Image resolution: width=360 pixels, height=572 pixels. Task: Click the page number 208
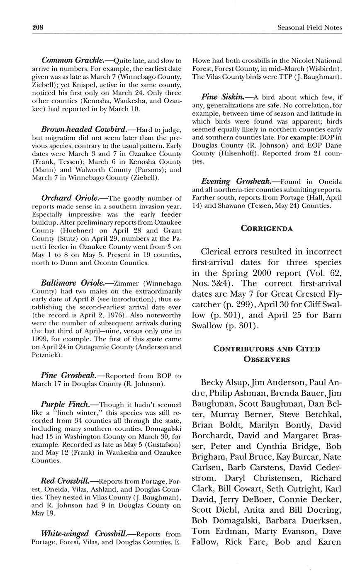point(37,27)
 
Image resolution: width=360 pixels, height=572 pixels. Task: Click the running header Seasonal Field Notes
point(309,27)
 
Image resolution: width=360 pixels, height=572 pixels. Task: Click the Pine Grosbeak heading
point(68,376)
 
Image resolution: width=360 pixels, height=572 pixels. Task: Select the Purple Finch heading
point(65,404)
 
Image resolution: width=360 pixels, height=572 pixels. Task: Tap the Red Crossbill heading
point(65,481)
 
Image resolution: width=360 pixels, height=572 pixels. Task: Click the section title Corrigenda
point(267,228)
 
